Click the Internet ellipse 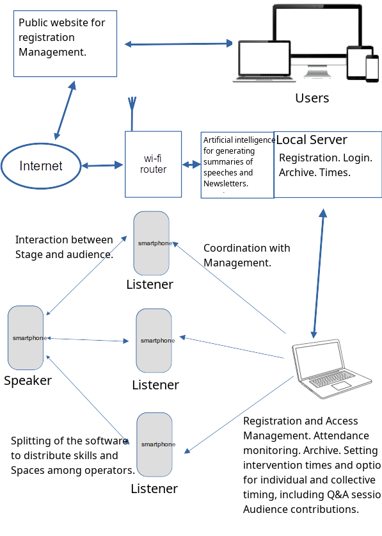[x=41, y=166]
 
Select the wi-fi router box [x=154, y=164]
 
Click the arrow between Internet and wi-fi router [x=103, y=165]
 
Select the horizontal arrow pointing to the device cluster [x=178, y=44]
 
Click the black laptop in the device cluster [x=264, y=61]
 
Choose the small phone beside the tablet [x=372, y=69]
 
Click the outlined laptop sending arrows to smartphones [x=331, y=370]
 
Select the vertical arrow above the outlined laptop [x=318, y=272]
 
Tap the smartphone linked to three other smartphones [x=26, y=337]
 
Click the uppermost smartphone [x=152, y=243]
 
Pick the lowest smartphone [x=154, y=444]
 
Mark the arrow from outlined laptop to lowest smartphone [x=239, y=414]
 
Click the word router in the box [x=154, y=170]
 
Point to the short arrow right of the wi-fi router [x=191, y=165]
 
